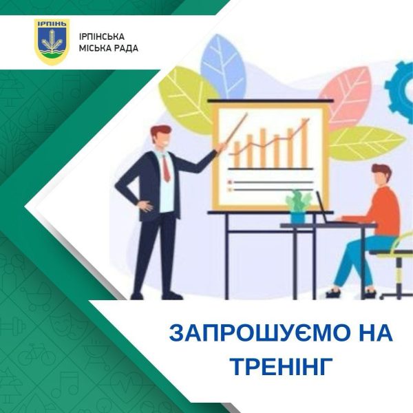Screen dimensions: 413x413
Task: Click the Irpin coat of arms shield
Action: [52, 41]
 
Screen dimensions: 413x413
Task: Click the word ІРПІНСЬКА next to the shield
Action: [102, 36]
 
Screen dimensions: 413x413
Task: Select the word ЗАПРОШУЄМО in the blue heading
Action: [251, 333]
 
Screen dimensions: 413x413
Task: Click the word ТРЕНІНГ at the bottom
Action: [280, 367]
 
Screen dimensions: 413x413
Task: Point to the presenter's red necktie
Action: [166, 169]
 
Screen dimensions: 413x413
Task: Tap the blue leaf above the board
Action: [223, 67]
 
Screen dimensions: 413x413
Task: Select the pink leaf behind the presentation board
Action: [346, 98]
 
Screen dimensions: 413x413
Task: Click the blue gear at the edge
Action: [401, 89]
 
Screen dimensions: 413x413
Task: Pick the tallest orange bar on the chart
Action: [304, 143]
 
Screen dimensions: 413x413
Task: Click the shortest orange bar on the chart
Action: [237, 154]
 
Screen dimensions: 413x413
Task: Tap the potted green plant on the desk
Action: [298, 206]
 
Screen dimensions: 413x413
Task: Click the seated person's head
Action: [381, 175]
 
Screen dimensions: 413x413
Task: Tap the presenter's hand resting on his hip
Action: [146, 206]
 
